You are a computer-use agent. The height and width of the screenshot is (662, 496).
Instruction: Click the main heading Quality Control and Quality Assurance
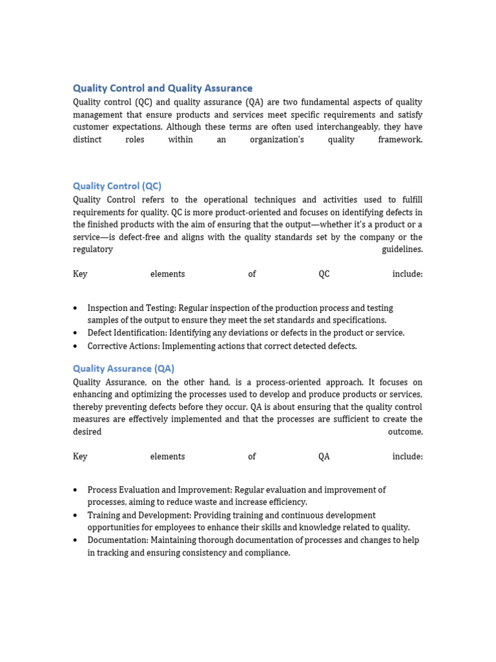pyautogui.click(x=162, y=88)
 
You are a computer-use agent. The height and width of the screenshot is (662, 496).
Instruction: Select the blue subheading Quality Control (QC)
pyautogui.click(x=117, y=186)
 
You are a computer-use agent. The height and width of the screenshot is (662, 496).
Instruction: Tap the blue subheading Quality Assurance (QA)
pyautogui.click(x=123, y=368)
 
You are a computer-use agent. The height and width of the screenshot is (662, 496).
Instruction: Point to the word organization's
pyautogui.click(x=276, y=140)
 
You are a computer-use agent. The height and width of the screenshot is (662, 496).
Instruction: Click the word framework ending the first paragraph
pyautogui.click(x=400, y=140)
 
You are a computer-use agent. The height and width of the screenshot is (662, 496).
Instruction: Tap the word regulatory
pyautogui.click(x=93, y=250)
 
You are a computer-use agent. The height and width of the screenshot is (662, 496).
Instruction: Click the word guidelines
pyautogui.click(x=402, y=250)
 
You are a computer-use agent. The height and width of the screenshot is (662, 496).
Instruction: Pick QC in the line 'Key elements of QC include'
pyautogui.click(x=324, y=274)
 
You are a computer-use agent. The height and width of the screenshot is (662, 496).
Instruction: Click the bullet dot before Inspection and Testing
pyautogui.click(x=76, y=308)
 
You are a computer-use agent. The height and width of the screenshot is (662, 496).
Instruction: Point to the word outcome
pyautogui.click(x=405, y=432)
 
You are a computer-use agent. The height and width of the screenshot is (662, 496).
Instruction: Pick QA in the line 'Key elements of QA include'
pyautogui.click(x=324, y=456)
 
